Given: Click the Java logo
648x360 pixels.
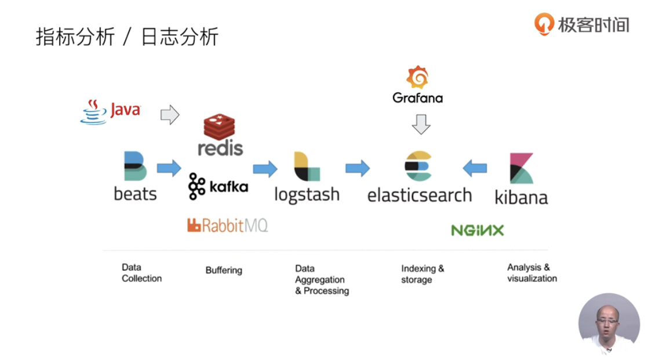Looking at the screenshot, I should click(x=110, y=111).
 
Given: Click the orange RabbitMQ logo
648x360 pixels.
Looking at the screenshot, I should click(x=227, y=225).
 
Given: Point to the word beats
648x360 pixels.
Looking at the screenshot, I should click(x=135, y=194).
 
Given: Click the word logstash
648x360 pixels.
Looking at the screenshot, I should click(x=307, y=194).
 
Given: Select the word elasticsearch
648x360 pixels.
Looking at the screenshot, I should click(x=419, y=195).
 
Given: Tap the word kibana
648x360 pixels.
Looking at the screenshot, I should click(x=521, y=197).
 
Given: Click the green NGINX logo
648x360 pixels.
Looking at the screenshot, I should click(x=478, y=230).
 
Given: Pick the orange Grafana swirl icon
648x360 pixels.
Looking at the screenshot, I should click(x=417, y=78).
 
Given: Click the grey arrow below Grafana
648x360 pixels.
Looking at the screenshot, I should click(x=421, y=124).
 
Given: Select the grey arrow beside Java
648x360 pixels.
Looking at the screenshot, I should click(x=170, y=115).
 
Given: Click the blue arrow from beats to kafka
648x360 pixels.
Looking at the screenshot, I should click(x=169, y=168).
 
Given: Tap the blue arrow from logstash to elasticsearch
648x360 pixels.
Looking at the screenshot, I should click(x=358, y=168).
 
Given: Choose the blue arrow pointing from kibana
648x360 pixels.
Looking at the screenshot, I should click(x=475, y=168).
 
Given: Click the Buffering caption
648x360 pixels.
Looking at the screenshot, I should click(x=224, y=270).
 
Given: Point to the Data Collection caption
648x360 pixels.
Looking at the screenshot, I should click(x=141, y=273).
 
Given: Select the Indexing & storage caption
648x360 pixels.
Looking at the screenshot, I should click(x=423, y=274).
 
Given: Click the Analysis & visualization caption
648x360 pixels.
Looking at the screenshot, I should click(x=531, y=273).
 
